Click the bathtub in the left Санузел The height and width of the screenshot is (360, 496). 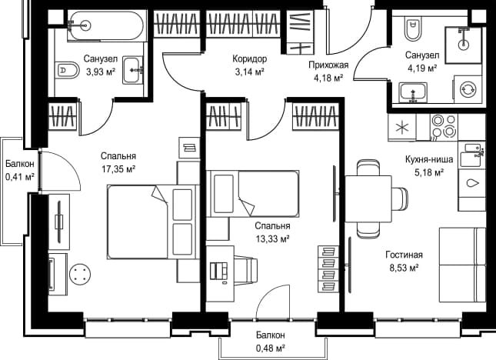(x=107, y=25)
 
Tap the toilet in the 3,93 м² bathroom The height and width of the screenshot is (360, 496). (x=68, y=70)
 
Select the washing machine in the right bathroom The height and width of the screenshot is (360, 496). (x=468, y=89)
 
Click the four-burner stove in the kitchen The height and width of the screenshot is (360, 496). (x=444, y=127)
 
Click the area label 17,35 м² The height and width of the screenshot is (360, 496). (x=118, y=169)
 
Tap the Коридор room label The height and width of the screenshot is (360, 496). (x=250, y=58)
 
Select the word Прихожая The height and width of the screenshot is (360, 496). (x=328, y=65)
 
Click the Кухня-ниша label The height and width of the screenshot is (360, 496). (x=429, y=159)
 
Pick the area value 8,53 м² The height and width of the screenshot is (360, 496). (x=404, y=268)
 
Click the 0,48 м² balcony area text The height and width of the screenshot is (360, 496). (x=271, y=348)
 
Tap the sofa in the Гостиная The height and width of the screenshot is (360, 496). (x=462, y=265)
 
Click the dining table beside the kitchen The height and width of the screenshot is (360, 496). (x=368, y=198)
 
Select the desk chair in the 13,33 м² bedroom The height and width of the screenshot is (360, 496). (x=245, y=270)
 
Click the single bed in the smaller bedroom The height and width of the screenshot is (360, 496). (x=253, y=194)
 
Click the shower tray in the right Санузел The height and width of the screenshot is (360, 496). (x=464, y=45)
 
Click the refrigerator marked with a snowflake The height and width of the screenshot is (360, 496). (x=402, y=128)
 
